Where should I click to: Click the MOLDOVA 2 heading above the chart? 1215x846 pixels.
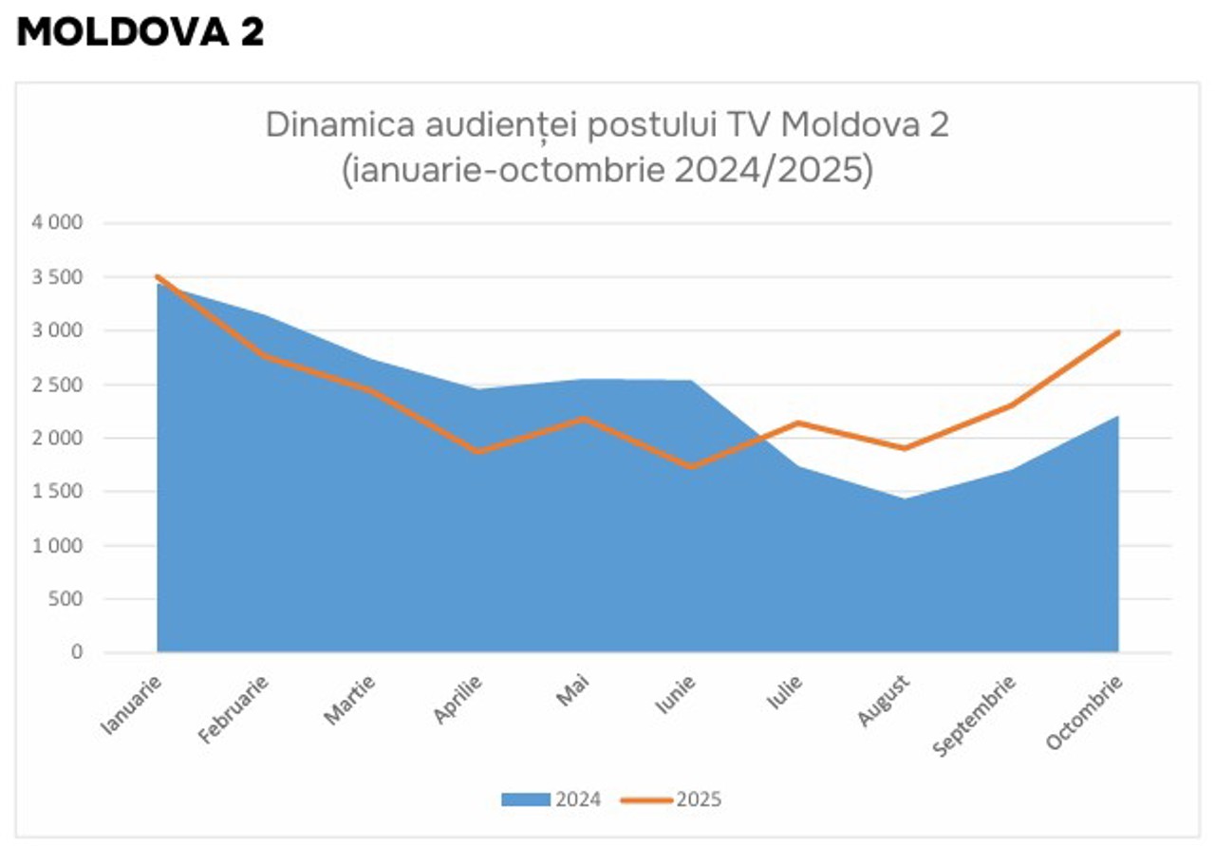[x=140, y=32]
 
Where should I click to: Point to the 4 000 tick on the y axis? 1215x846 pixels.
[x=59, y=224]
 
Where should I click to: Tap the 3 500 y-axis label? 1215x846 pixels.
[x=59, y=277]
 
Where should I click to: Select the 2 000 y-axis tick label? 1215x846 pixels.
[x=59, y=439]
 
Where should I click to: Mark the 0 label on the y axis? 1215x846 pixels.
[x=77, y=653]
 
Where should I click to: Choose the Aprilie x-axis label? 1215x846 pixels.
[x=458, y=701]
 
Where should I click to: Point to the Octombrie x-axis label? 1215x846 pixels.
[x=1085, y=713]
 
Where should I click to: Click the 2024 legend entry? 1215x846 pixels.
[x=551, y=799]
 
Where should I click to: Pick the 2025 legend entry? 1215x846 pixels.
[x=671, y=799]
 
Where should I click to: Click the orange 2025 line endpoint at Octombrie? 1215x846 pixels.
[x=1118, y=332]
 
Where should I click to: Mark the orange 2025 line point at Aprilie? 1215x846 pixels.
[x=478, y=452]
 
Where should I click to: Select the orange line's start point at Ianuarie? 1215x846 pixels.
[x=158, y=277]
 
